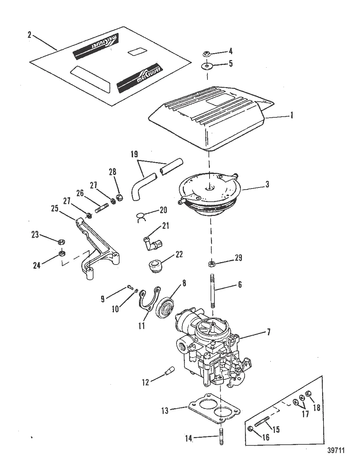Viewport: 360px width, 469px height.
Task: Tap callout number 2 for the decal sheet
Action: pyautogui.click(x=30, y=35)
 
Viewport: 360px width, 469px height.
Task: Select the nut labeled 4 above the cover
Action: pyautogui.click(x=206, y=53)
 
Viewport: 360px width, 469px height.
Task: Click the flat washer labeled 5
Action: pyautogui.click(x=207, y=66)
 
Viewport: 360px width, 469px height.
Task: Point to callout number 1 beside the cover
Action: pyautogui.click(x=292, y=116)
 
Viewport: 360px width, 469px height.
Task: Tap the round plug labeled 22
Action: pyautogui.click(x=155, y=267)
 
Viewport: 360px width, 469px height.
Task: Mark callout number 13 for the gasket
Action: pyautogui.click(x=165, y=411)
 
